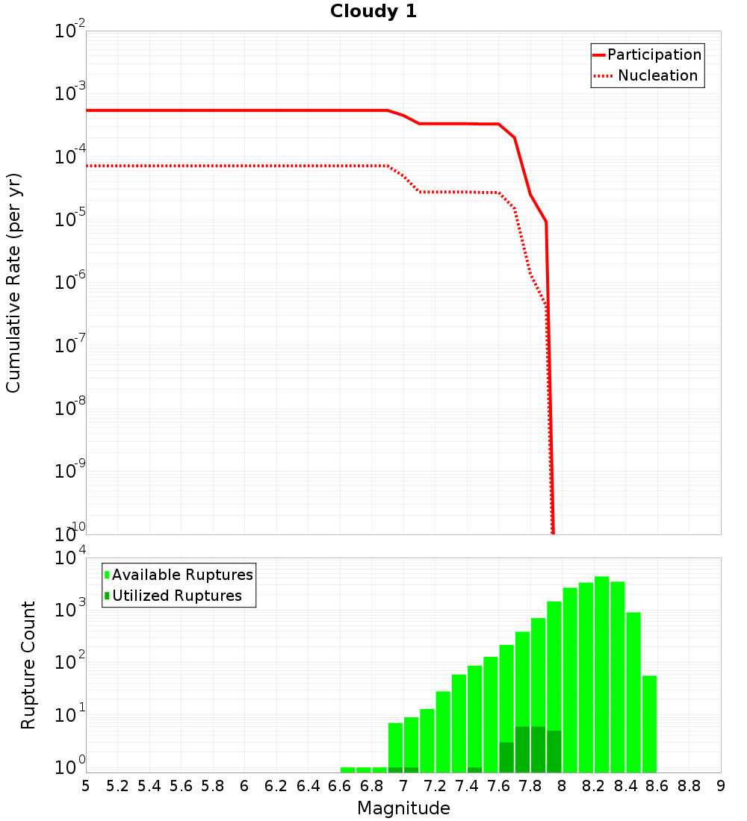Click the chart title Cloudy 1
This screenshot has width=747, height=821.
tap(373, 12)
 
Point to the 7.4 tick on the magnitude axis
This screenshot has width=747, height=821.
tap(467, 786)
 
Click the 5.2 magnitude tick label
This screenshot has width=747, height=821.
tap(117, 786)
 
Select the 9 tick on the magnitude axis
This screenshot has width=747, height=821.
tap(720, 786)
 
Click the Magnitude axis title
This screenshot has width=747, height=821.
tap(403, 808)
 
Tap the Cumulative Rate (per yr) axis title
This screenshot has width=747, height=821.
tap(13, 282)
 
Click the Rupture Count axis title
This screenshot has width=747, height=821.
tap(28, 665)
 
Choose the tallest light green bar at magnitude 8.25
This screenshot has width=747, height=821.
tap(601, 672)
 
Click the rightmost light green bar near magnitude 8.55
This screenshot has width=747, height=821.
tap(649, 724)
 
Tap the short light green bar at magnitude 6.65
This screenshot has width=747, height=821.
tap(347, 770)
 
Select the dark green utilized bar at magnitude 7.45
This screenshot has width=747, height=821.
tap(474, 770)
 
